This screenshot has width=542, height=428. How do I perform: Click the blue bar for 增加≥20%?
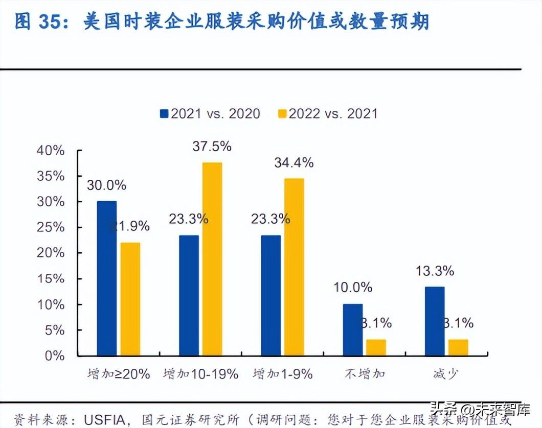tap(107, 278)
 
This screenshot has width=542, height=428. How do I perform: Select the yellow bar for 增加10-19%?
tap(212, 259)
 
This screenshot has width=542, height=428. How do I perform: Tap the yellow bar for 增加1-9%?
tap(294, 267)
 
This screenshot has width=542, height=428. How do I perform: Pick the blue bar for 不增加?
tap(353, 330)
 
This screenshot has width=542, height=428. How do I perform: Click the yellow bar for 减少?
tap(458, 347)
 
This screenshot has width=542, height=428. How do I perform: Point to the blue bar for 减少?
tap(435, 321)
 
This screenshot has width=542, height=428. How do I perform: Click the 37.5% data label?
tap(212, 147)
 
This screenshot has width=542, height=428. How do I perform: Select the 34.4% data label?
tap(294, 163)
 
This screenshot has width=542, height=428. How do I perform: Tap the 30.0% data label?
tap(106, 185)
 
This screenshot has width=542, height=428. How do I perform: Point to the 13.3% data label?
tap(435, 271)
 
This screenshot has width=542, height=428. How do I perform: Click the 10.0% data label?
tap(353, 288)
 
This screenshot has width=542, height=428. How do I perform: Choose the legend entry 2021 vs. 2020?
tap(210, 113)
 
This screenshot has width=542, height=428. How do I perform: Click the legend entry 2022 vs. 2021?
tap(327, 113)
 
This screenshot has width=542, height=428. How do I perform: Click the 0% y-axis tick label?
tap(54, 356)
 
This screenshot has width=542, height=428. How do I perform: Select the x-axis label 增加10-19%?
tap(201, 374)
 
